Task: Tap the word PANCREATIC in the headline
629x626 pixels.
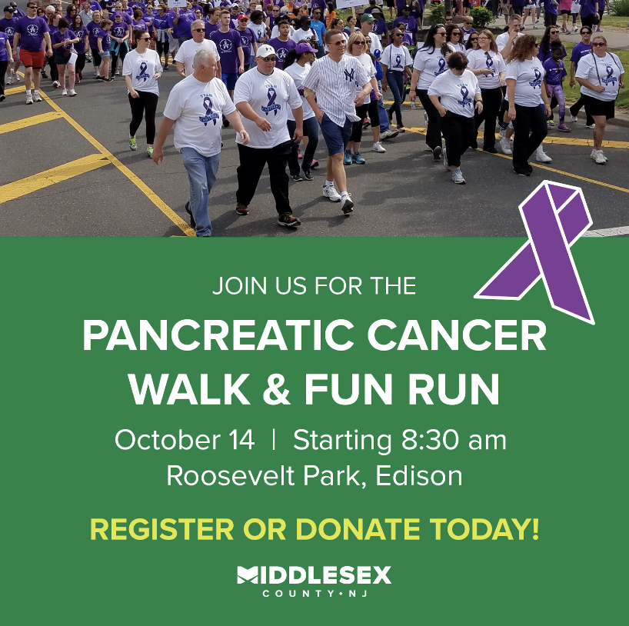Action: click(x=218, y=336)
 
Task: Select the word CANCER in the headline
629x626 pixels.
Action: click(x=457, y=336)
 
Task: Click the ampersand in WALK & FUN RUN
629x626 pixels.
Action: click(x=276, y=389)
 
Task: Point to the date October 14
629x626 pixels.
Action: click(x=185, y=440)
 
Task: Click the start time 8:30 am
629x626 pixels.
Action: click(x=454, y=440)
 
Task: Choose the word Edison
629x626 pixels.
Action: click(x=419, y=476)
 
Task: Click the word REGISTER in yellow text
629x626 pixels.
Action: click(x=162, y=529)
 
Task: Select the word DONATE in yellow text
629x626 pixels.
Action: click(x=358, y=529)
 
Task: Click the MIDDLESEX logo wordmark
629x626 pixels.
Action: click(x=314, y=575)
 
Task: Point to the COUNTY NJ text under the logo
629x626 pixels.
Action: click(x=315, y=594)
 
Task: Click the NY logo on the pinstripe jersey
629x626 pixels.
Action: click(x=349, y=75)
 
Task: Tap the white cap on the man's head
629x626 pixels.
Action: click(x=265, y=51)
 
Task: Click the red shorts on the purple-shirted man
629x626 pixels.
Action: click(x=32, y=58)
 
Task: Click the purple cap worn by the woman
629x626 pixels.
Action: click(x=305, y=48)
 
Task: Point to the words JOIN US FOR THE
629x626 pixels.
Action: click(x=314, y=286)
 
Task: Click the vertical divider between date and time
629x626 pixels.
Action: click(x=274, y=439)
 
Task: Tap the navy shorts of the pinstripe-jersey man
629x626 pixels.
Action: click(x=336, y=135)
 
